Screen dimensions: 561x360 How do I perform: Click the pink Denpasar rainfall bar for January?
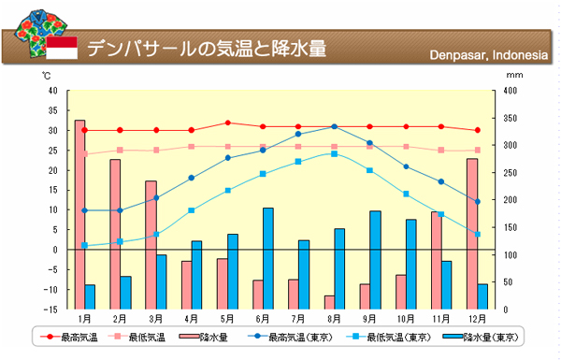(79, 215)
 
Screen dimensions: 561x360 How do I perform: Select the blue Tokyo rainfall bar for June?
(268, 259)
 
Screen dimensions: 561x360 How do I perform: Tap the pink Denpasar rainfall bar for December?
(472, 234)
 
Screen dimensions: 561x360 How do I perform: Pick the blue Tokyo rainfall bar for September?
(375, 260)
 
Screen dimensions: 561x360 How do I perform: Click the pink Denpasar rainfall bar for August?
(329, 303)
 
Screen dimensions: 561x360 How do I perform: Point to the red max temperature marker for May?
(228, 122)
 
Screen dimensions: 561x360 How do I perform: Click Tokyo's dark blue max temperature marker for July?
(298, 135)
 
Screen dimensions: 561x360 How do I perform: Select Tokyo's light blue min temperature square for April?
(192, 210)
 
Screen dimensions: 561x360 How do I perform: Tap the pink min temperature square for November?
(441, 151)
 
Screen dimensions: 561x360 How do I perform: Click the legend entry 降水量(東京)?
(481, 337)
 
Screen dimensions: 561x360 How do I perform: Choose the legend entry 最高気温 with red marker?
(68, 337)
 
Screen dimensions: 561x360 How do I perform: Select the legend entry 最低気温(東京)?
(389, 337)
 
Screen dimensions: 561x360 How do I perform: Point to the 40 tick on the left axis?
(53, 91)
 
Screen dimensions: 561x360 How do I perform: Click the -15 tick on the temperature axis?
(50, 310)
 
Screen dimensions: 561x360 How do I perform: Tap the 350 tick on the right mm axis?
(511, 118)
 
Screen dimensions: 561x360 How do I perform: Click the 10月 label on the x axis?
(406, 318)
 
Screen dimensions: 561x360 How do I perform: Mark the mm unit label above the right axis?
(514, 75)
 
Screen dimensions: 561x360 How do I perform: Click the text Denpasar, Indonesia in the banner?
(489, 55)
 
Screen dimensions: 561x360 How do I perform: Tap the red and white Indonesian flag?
(62, 48)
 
